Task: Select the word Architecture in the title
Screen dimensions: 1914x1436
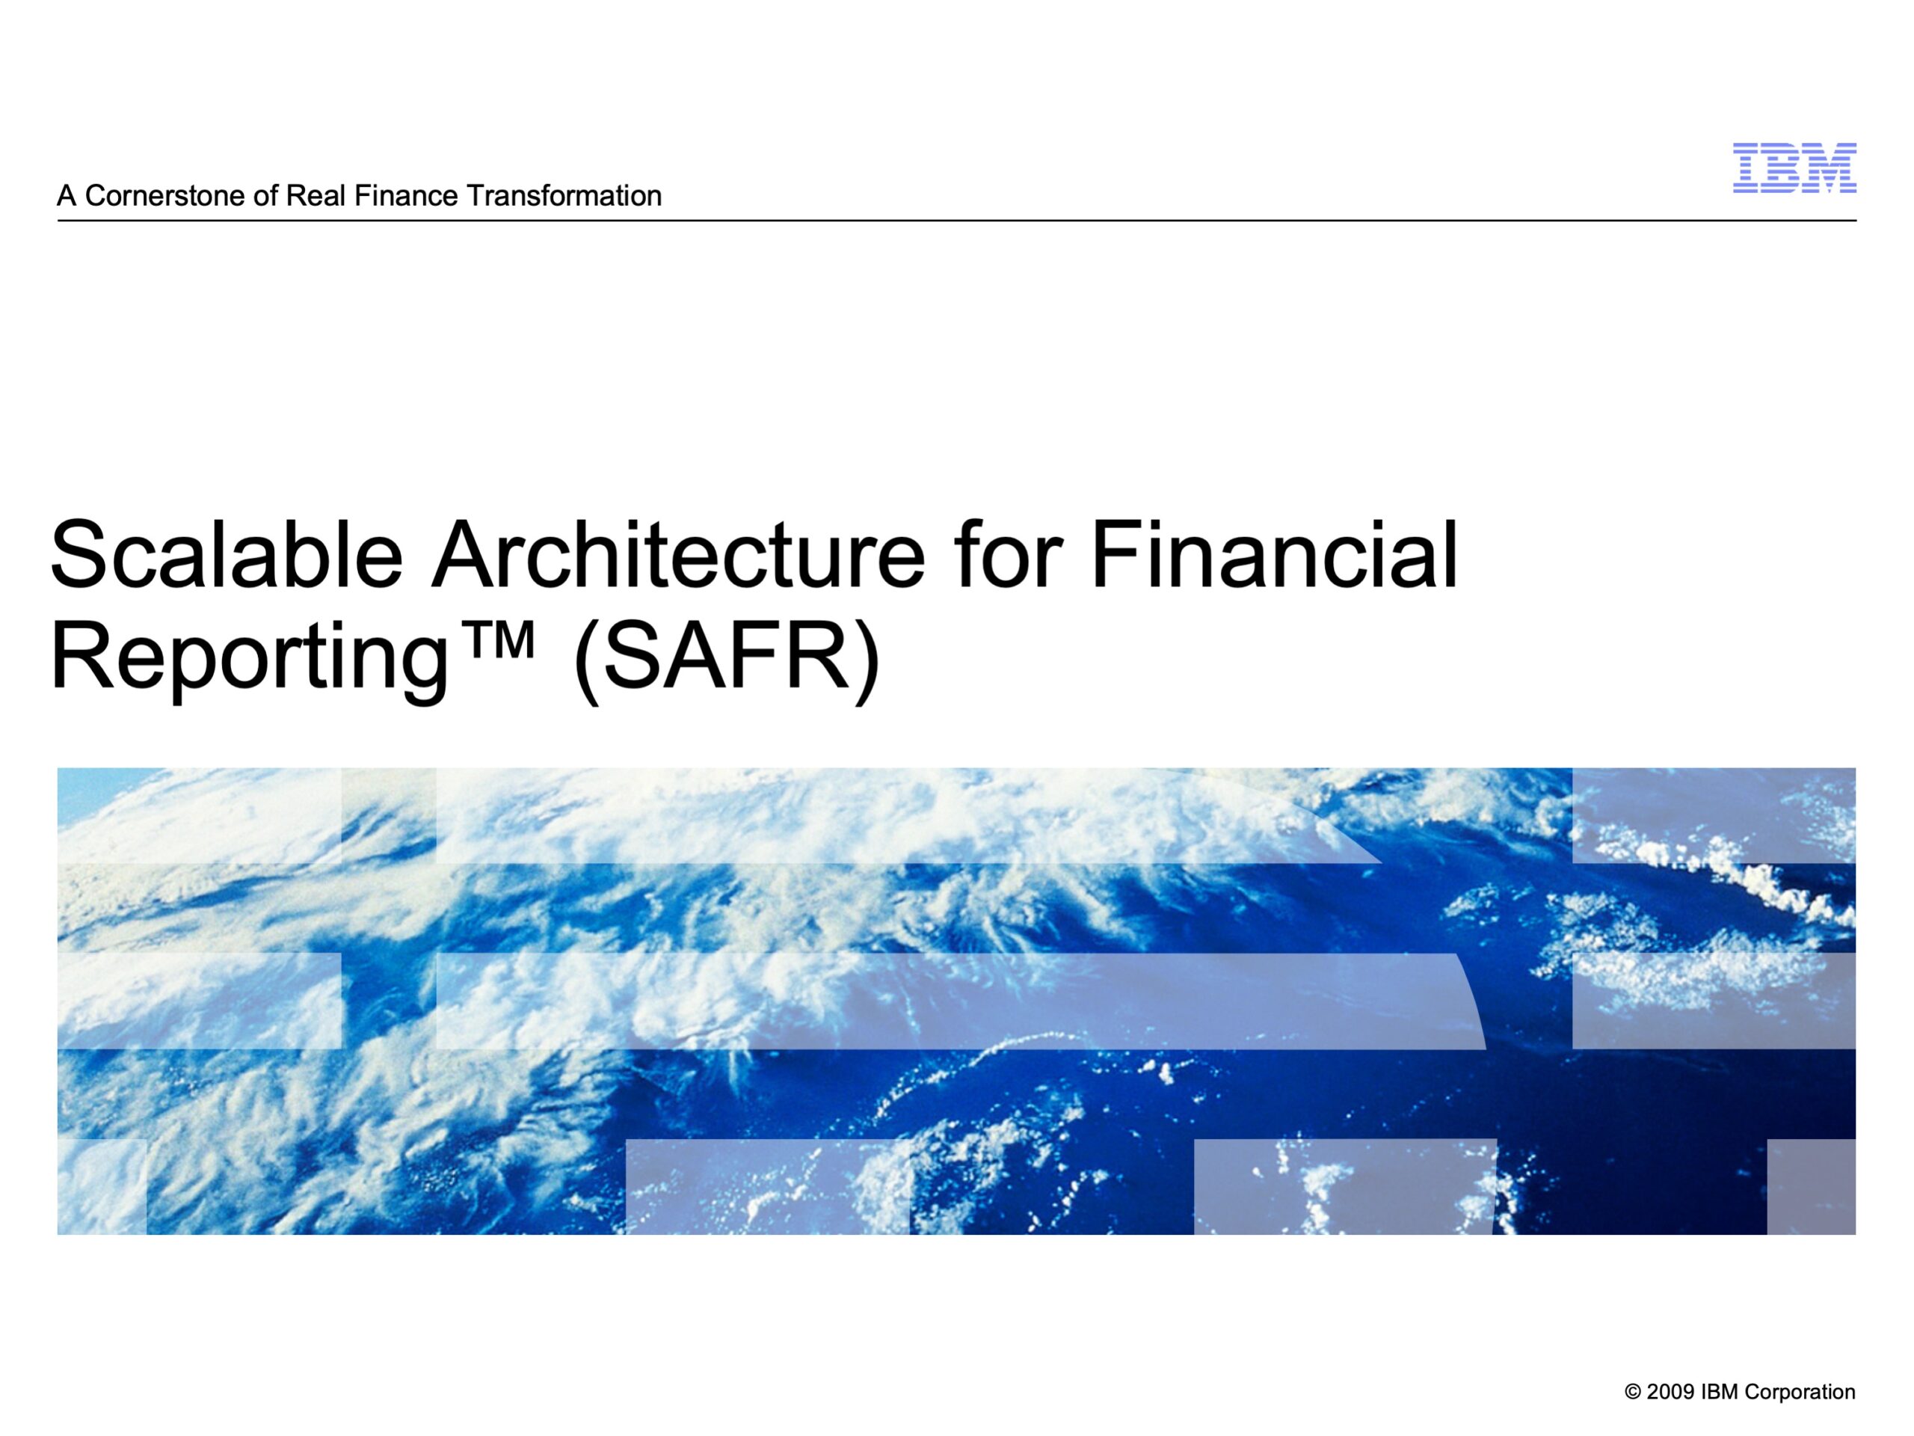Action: [x=678, y=554]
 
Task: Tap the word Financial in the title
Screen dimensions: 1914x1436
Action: [x=1275, y=554]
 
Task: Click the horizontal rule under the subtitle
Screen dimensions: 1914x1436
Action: [x=957, y=221]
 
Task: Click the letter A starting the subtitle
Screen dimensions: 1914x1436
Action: [x=67, y=197]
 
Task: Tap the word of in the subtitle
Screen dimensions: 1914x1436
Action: [x=265, y=197]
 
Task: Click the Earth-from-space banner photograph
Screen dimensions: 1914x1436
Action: [x=956, y=1001]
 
